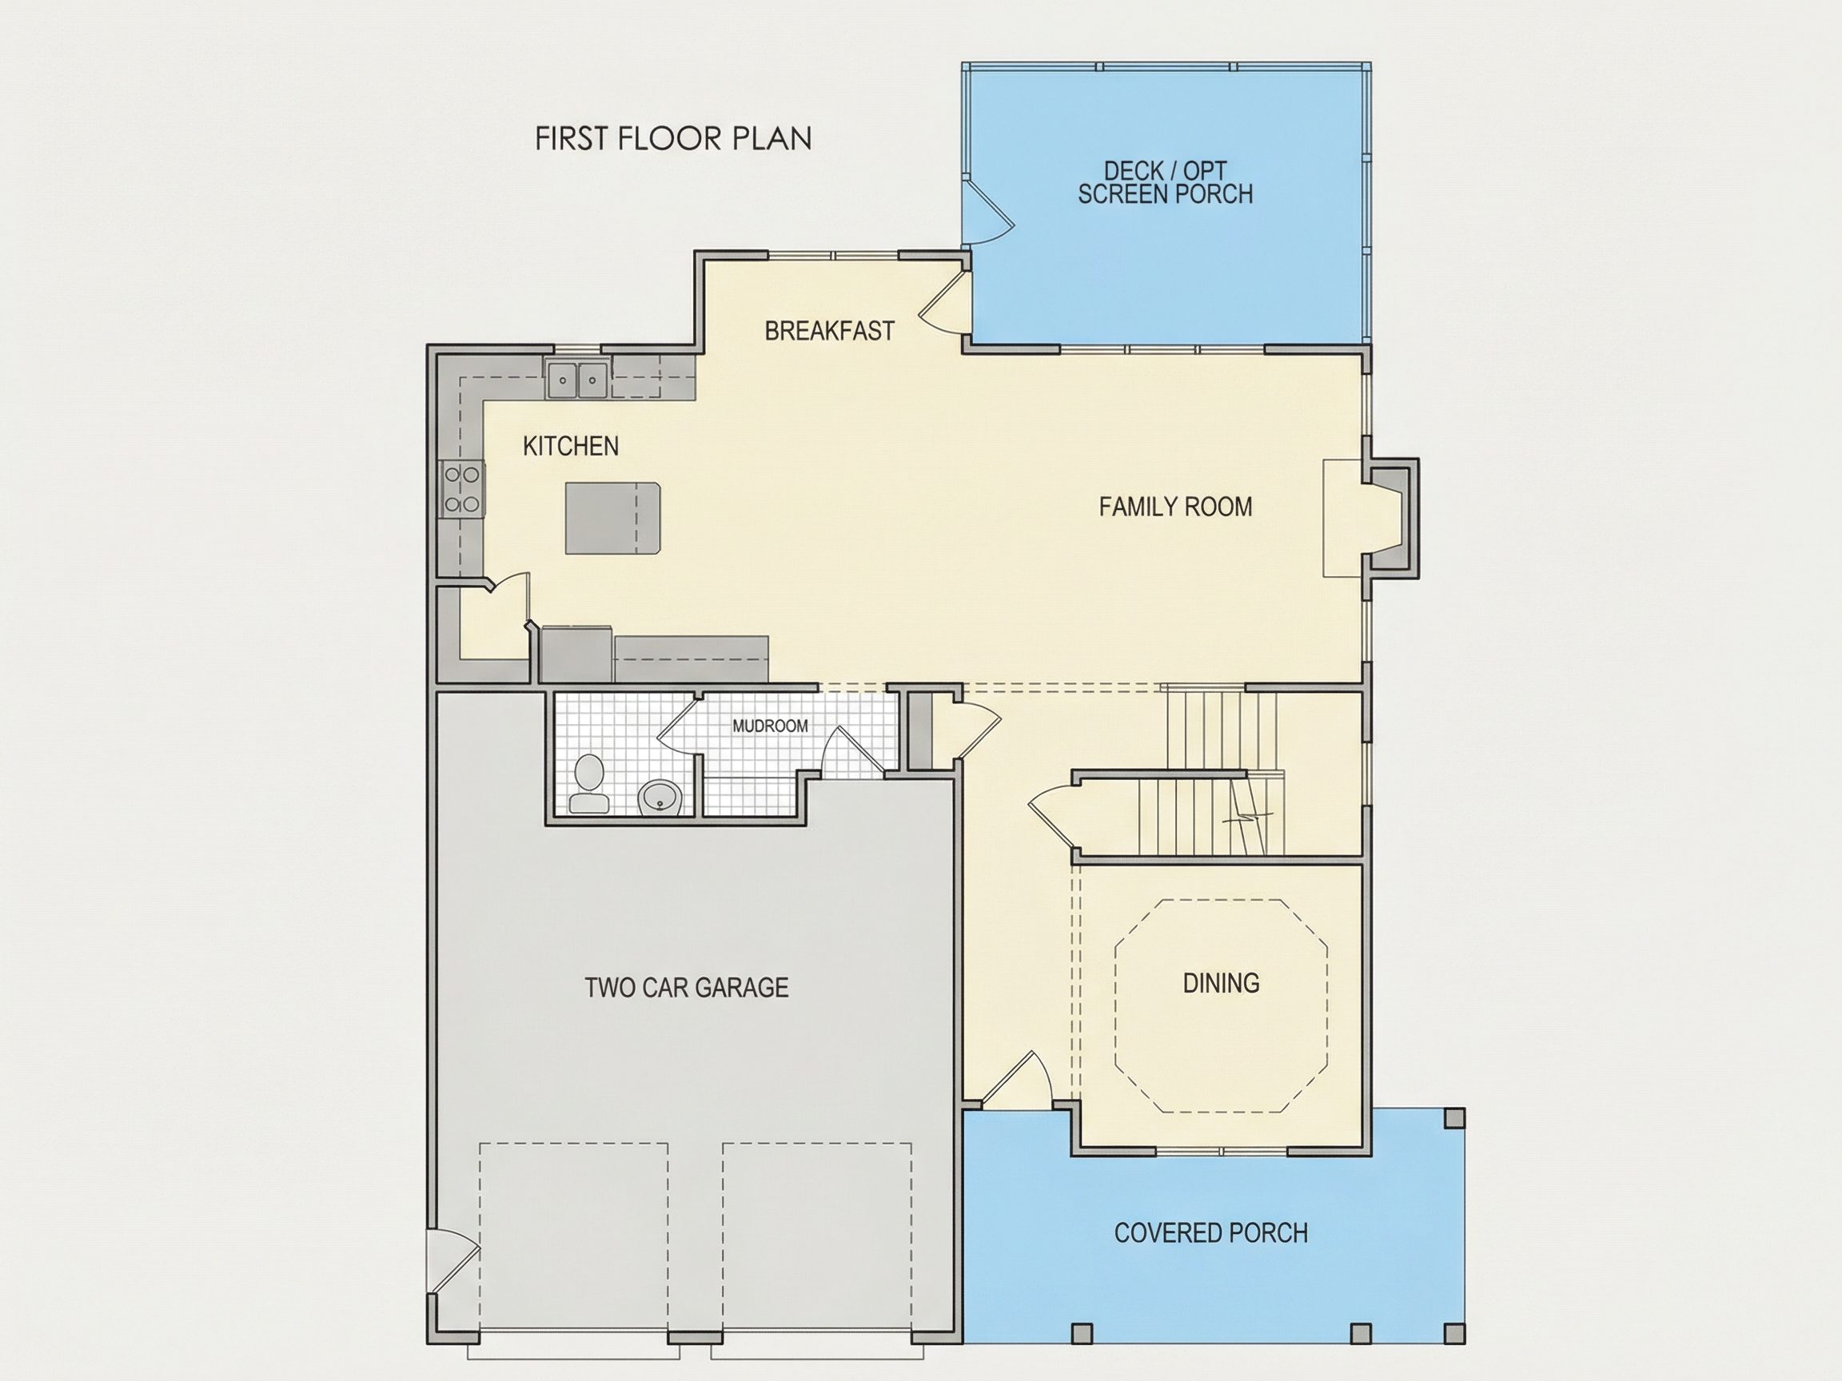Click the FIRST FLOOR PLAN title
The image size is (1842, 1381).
[673, 139]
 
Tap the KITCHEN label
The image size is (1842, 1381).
[570, 446]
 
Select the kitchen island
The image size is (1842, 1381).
[613, 518]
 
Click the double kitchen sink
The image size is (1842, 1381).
[578, 380]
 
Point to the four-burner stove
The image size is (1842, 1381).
[463, 489]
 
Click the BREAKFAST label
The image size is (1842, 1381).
[829, 332]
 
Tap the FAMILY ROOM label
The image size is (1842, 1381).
[1175, 507]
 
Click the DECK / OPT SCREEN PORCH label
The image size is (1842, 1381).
[1165, 183]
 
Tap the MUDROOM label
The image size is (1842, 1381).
[770, 726]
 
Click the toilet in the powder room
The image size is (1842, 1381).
[589, 783]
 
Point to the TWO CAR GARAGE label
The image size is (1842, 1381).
[686, 987]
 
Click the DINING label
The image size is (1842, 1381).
[1221, 983]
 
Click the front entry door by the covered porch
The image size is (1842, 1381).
[1016, 1081]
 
